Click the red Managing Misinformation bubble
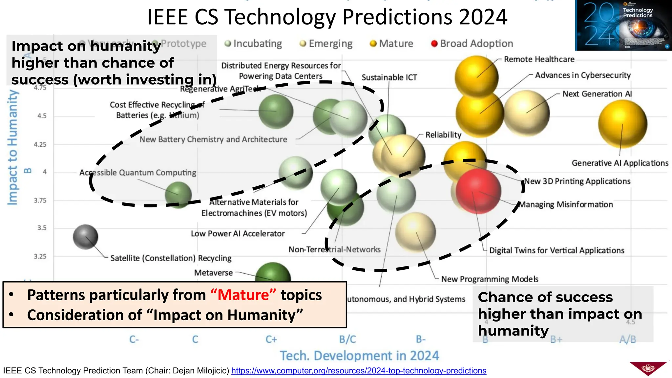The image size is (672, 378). point(478,191)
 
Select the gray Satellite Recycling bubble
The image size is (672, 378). point(85,237)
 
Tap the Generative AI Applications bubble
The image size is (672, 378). point(622,124)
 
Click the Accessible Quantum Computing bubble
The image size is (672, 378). point(178,195)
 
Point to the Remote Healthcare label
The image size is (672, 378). point(539,59)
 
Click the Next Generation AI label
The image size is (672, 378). point(597,94)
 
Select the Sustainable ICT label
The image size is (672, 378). point(389,77)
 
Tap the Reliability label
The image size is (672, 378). point(443,135)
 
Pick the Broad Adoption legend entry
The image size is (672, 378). point(472,44)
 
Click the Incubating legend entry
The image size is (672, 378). point(253,44)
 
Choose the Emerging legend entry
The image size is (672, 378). point(326,44)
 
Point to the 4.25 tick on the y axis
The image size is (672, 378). point(40,144)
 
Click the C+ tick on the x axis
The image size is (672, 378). point(271,339)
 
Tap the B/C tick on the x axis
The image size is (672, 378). point(347,339)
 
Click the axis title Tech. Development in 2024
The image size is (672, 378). point(359,356)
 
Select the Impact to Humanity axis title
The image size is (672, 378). point(12,148)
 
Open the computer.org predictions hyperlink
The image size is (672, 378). point(359,371)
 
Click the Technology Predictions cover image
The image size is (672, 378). point(623,25)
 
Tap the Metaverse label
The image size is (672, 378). point(213,273)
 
